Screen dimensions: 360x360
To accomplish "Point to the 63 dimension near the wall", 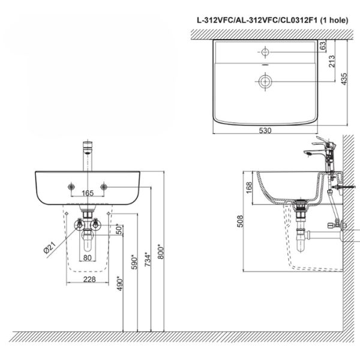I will coord(323,46).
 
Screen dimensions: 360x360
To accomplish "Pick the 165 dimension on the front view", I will coord(88,193).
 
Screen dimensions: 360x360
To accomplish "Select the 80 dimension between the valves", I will coord(88,259).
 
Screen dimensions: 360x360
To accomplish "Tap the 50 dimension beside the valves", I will coord(119,229).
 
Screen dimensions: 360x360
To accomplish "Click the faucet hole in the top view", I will coord(264,50).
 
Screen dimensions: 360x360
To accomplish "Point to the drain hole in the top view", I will coord(264,80).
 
